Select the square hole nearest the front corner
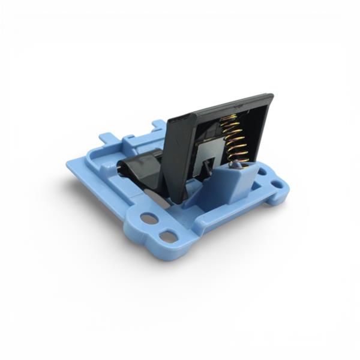pyautogui.click(x=169, y=236)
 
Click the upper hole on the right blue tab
pyautogui.click(x=262, y=172)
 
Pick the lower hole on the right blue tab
pyautogui.click(x=277, y=184)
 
